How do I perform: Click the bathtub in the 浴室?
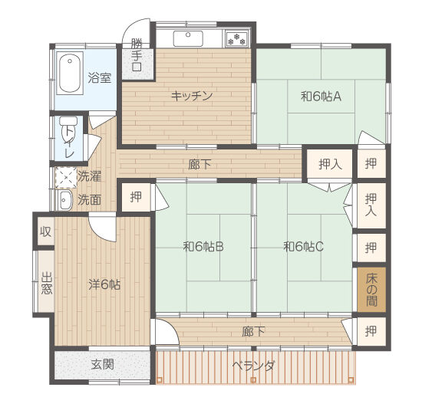coord(70,74)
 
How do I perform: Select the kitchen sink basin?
coord(188,39)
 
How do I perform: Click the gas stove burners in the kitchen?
coord(237,39)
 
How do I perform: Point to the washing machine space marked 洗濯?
coord(66,177)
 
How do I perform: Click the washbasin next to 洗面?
coord(65,200)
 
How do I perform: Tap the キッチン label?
coord(192,96)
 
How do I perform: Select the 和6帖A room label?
coord(321,97)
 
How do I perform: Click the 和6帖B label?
coord(203,246)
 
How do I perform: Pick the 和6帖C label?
coord(304,246)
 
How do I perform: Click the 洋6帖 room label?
coord(104,284)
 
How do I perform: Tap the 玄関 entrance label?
coord(103,364)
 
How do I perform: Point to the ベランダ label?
coord(253,366)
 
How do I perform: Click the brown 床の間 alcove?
coord(371,290)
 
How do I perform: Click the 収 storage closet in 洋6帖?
coord(45,231)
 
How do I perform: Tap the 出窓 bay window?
coord(45,281)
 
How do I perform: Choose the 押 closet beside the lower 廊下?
coord(371,331)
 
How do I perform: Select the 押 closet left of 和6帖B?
coord(136,197)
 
